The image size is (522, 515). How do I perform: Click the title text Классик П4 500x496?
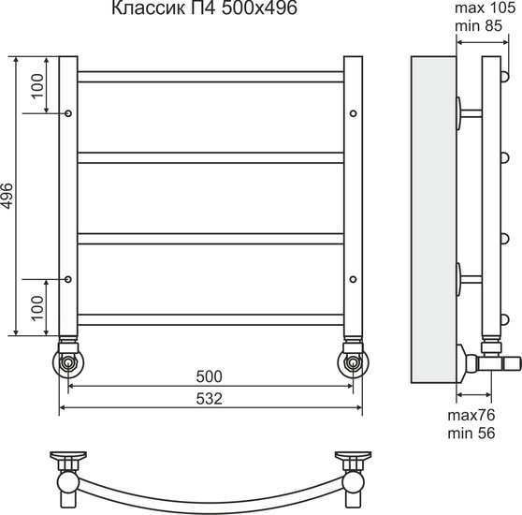(196, 12)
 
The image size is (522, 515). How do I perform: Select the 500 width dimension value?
(210, 376)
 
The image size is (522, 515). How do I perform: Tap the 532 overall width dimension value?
(210, 398)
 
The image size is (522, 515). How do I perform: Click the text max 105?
(485, 8)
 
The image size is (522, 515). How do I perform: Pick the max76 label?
(471, 415)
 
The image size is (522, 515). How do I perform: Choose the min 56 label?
(471, 434)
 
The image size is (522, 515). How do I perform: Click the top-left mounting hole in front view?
(69, 113)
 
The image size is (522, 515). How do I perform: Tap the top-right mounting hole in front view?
(353, 113)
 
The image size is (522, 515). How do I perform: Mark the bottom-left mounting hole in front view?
(69, 278)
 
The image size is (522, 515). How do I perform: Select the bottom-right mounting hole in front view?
(353, 278)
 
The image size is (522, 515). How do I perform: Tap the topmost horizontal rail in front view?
(210, 76)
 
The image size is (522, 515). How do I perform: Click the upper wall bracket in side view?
(468, 113)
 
